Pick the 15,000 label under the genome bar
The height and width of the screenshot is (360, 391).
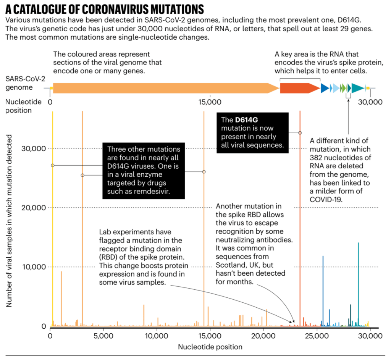[210, 102]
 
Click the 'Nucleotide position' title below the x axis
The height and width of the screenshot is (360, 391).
[210, 347]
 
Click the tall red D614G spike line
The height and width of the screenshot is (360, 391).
[300, 229]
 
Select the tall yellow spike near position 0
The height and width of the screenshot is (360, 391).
[52, 229]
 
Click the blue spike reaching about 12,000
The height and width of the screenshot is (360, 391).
[323, 290]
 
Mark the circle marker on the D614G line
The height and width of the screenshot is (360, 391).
[300, 132]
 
